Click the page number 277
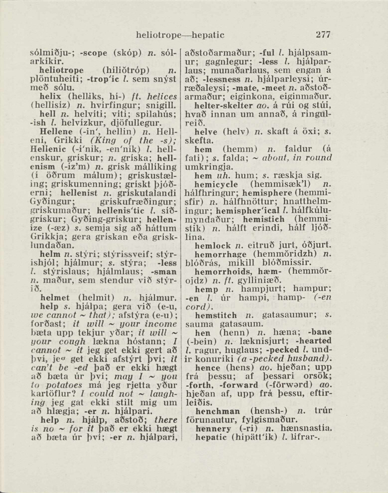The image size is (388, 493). coord(323,35)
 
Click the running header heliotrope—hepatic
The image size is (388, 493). coord(180,35)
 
